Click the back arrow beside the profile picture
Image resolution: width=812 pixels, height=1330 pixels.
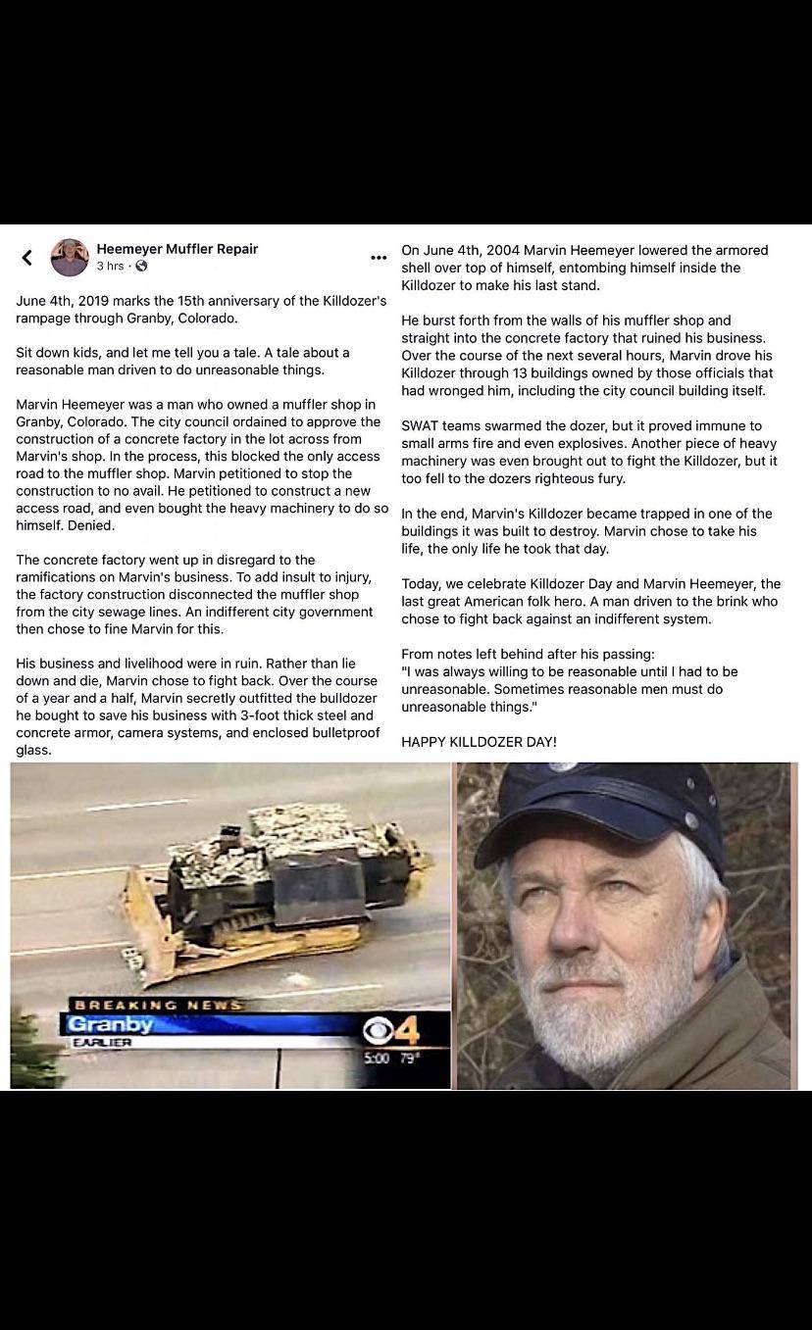point(27,258)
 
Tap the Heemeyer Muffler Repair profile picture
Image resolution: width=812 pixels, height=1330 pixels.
point(70,257)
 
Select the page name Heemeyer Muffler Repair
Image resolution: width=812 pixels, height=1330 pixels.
point(177,249)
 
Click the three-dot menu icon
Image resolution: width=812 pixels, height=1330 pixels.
point(379,258)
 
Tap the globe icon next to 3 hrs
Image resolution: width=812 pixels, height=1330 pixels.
point(141,267)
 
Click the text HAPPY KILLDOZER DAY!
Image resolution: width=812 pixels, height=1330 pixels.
point(479,742)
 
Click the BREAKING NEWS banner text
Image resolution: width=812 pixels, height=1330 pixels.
point(157,1005)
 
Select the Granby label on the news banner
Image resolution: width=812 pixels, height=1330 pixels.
point(108,1024)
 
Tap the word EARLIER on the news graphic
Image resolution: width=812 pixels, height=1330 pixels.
point(102,1043)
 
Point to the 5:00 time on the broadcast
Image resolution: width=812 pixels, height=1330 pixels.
point(376,1059)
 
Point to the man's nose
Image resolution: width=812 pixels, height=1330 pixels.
point(579,931)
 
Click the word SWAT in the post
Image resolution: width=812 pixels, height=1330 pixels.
point(422,425)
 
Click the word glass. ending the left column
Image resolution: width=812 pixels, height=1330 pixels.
point(33,750)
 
